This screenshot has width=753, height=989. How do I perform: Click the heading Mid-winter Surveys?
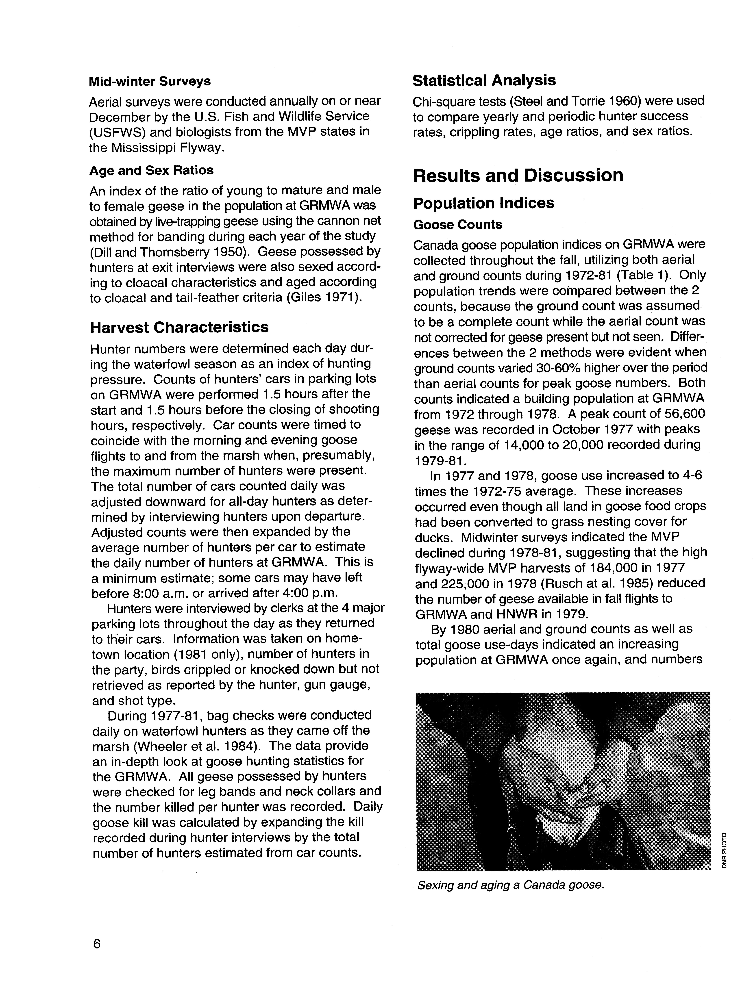tap(150, 82)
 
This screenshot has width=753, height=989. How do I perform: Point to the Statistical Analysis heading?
tap(484, 81)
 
